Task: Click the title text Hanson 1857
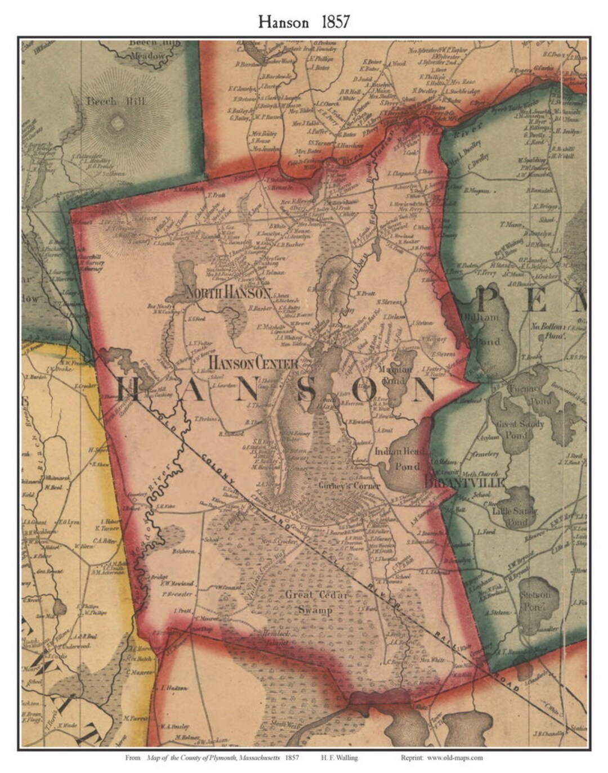[304, 21]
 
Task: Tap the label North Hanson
[227, 293]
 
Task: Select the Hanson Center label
[253, 363]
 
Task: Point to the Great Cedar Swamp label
[316, 602]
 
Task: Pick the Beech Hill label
[115, 101]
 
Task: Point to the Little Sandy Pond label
[515, 516]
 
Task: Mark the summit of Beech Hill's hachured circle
[117, 122]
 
